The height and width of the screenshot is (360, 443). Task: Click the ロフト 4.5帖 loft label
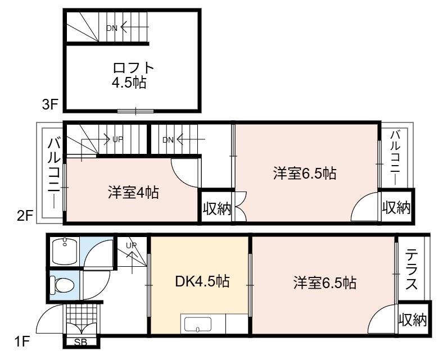point(133,75)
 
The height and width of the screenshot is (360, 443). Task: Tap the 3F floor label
point(50,105)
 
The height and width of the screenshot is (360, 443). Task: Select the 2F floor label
point(25,217)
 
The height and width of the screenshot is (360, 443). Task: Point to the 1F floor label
point(22,342)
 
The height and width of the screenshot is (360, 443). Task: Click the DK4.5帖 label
point(202,281)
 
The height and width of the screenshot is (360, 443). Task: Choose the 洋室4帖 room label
point(133,193)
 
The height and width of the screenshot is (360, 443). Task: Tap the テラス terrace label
point(412,271)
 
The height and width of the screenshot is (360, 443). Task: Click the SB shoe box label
point(80,342)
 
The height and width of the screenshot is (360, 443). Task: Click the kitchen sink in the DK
point(198,324)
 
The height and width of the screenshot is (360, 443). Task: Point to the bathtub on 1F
point(65,251)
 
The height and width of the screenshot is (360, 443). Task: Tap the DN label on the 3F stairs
point(112,28)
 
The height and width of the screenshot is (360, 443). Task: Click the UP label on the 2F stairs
point(118,139)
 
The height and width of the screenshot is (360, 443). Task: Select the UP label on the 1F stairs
point(132,245)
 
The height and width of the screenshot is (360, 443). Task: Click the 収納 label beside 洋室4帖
point(217,209)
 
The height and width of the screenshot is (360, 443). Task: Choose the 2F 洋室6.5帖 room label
point(305,173)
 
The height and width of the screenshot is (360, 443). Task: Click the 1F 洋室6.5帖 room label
point(324,282)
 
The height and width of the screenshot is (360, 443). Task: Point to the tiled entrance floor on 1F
point(82,317)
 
